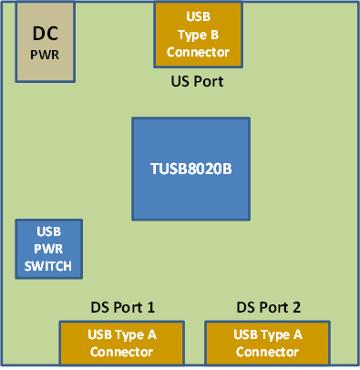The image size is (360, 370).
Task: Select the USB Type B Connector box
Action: pyautogui.click(x=198, y=35)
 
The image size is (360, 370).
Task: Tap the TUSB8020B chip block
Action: pyautogui.click(x=191, y=168)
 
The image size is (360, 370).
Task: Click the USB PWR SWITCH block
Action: pyautogui.click(x=49, y=249)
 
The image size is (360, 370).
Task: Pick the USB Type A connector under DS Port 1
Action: pyautogui.click(x=121, y=343)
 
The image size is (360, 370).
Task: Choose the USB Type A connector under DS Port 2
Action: pyautogui.click(x=267, y=343)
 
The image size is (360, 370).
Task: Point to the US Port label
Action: pyautogui.click(x=198, y=81)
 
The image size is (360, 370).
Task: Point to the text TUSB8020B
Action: pyautogui.click(x=191, y=168)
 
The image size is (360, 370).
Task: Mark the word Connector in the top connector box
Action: pyautogui.click(x=198, y=51)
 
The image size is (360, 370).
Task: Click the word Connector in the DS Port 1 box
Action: pyautogui.click(x=121, y=352)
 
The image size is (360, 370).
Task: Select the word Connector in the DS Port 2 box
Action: pyautogui.click(x=267, y=352)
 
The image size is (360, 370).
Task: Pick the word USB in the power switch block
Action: pyautogui.click(x=49, y=232)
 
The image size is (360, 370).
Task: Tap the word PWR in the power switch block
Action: pyautogui.click(x=49, y=249)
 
